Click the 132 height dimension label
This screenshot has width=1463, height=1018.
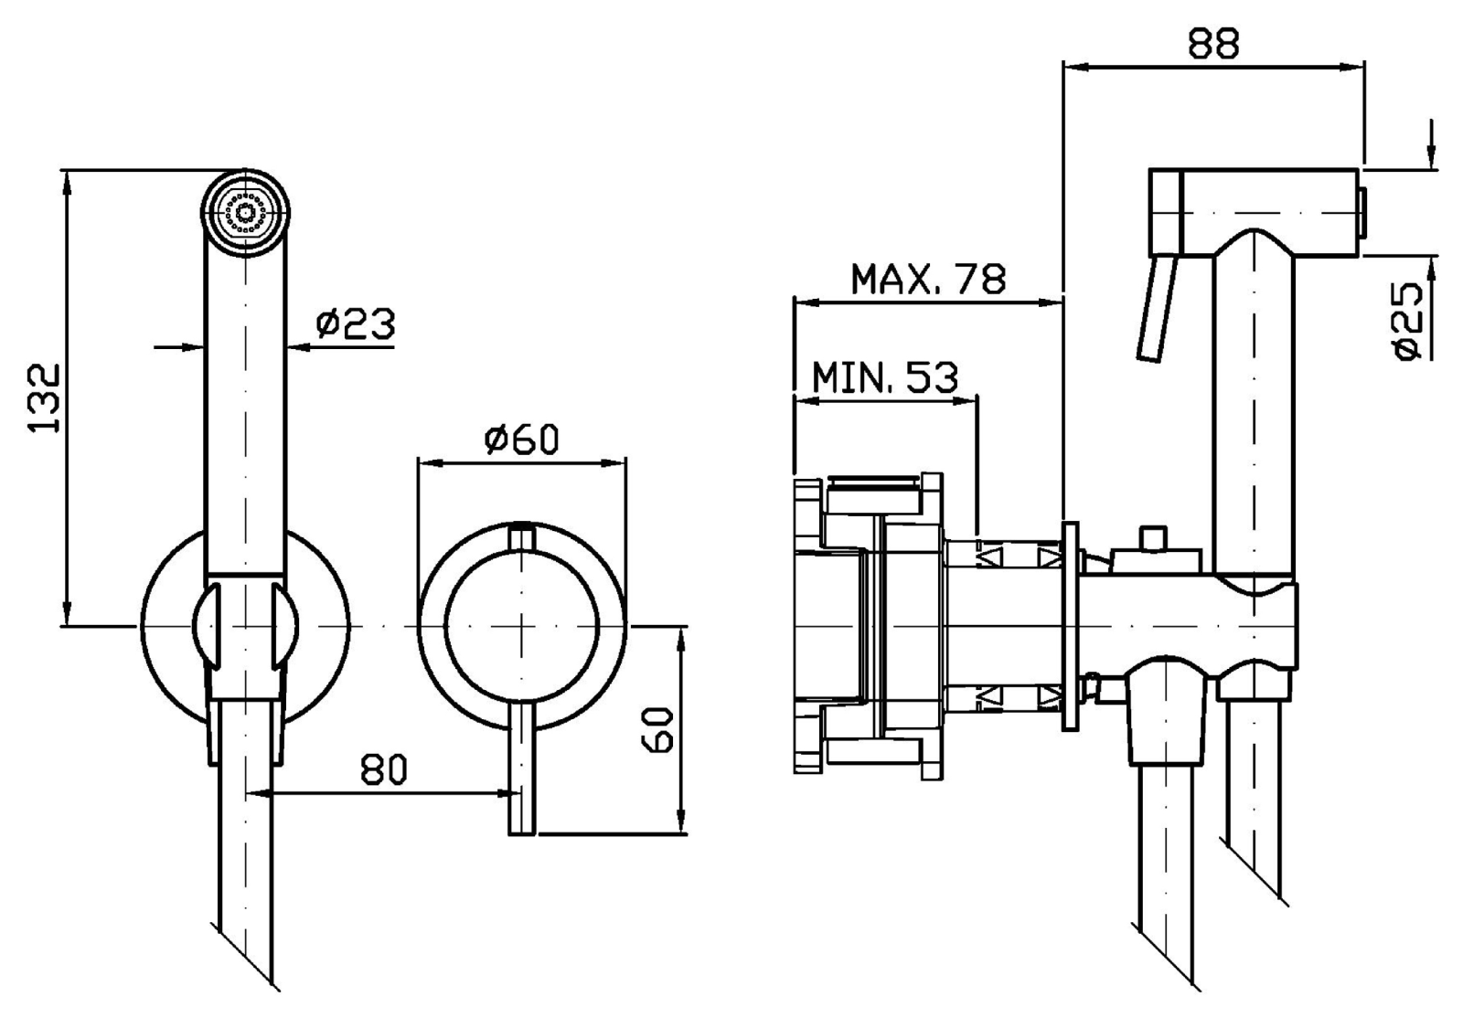click(43, 398)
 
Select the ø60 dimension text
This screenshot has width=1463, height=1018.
click(521, 440)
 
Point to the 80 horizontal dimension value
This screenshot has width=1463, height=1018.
click(383, 770)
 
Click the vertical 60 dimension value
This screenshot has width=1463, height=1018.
click(658, 728)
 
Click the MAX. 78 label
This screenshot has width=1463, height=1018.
click(927, 278)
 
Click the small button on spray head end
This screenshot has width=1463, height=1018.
click(1362, 210)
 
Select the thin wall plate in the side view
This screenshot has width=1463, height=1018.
click(1070, 626)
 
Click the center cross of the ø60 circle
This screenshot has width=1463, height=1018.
click(521, 626)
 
